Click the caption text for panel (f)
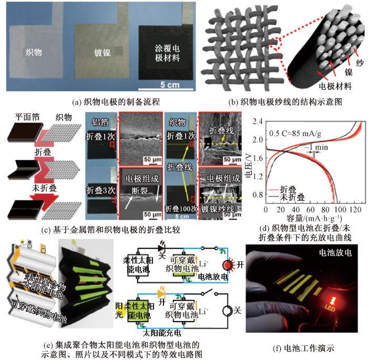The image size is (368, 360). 301,347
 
